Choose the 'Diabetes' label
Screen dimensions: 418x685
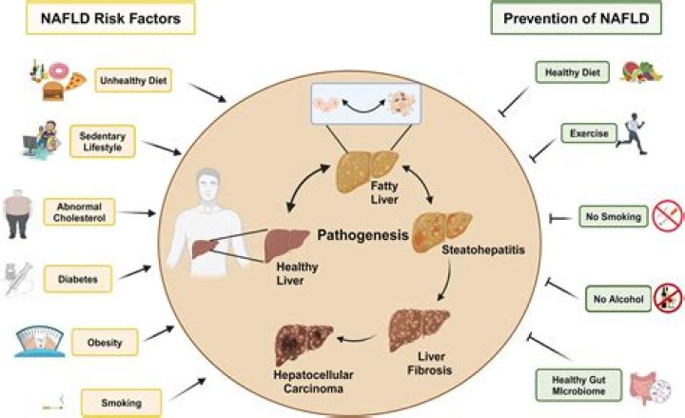point(81,279)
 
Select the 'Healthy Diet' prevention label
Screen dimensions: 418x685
point(572,72)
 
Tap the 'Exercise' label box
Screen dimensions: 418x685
point(580,133)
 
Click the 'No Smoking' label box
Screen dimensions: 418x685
point(614,217)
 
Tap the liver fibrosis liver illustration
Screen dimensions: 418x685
point(420,329)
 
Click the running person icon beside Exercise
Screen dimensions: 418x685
point(632,135)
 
